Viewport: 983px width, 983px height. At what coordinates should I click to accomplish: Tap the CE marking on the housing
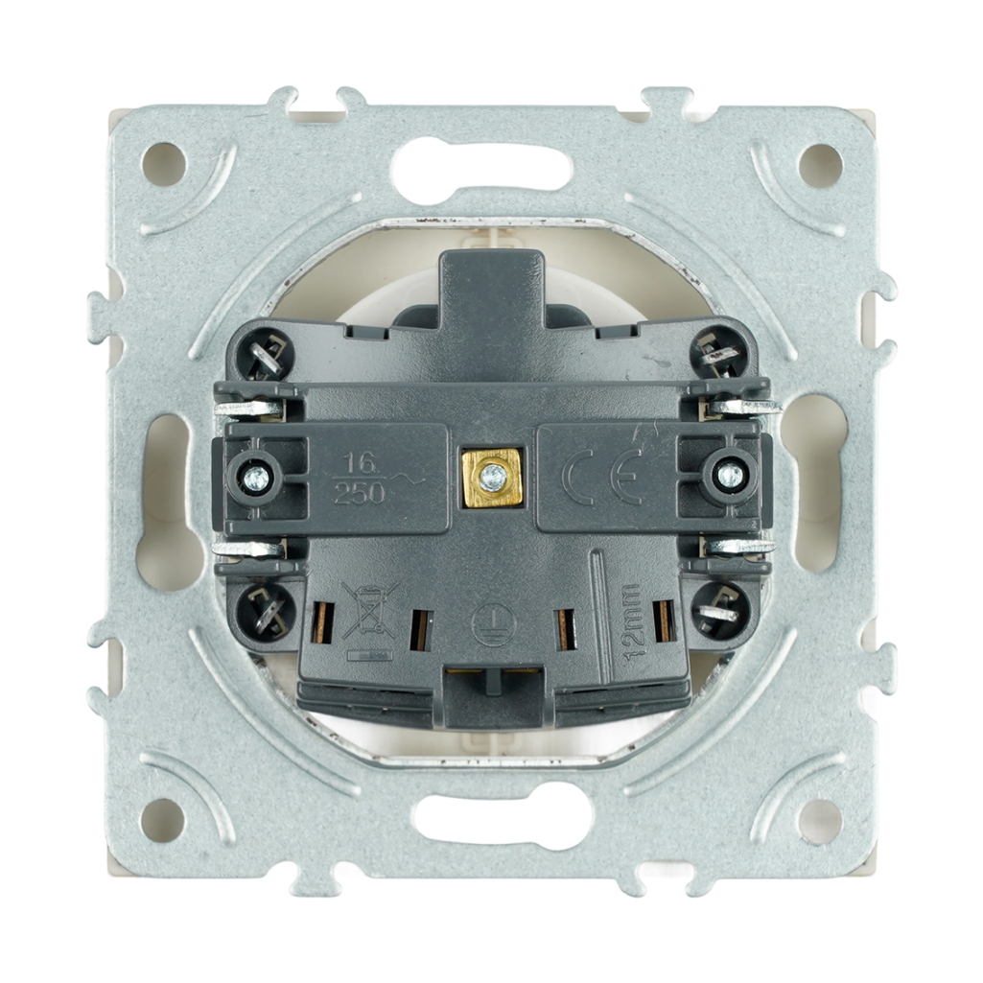(x=603, y=477)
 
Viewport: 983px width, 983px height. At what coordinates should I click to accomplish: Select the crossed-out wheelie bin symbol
(x=370, y=610)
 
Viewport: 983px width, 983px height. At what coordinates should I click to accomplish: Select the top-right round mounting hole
(x=820, y=166)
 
